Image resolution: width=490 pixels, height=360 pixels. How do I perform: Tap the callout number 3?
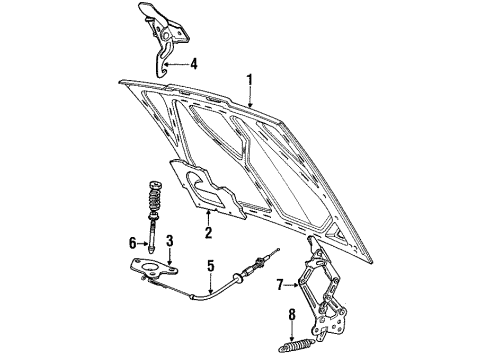point(170,241)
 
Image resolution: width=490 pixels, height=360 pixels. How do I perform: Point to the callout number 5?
point(211,267)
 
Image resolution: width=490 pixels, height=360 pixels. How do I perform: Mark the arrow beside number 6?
point(144,241)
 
